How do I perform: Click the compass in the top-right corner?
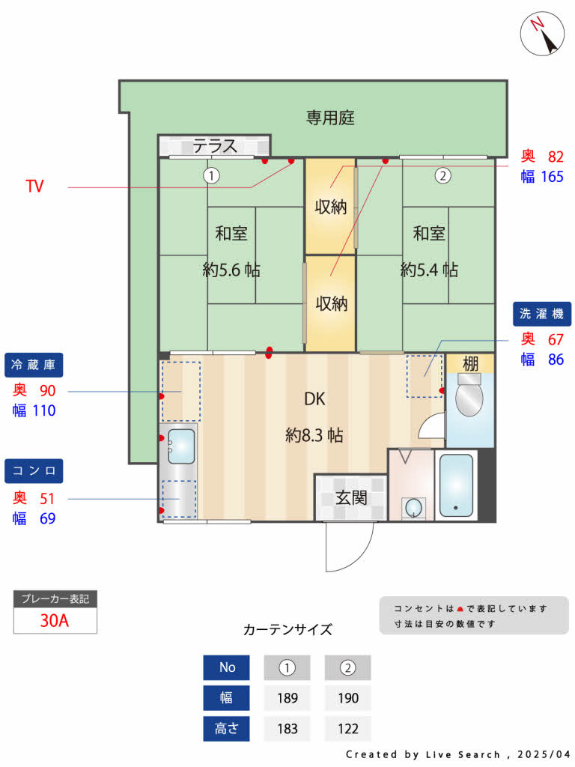tap(542, 33)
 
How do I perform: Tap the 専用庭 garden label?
tap(330, 118)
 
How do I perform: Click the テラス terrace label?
tap(215, 146)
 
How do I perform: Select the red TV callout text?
tap(34, 186)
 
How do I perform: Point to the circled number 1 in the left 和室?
tap(211, 175)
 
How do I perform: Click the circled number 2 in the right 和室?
tap(442, 175)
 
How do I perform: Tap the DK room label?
tap(314, 399)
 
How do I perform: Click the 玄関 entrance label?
tap(351, 498)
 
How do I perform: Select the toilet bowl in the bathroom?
tap(469, 395)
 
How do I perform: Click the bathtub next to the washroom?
tap(456, 485)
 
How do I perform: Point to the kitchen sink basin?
tap(181, 446)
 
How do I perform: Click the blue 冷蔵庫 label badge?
tap(34, 365)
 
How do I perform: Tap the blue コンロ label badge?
tap(34, 471)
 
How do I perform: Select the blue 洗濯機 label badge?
tap(542, 314)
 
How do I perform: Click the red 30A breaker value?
tap(55, 620)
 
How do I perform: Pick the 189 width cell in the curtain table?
tap(287, 698)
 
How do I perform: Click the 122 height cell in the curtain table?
tap(347, 729)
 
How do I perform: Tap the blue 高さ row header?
tap(226, 729)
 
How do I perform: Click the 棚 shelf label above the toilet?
tap(470, 363)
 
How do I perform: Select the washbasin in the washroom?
tap(413, 507)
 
